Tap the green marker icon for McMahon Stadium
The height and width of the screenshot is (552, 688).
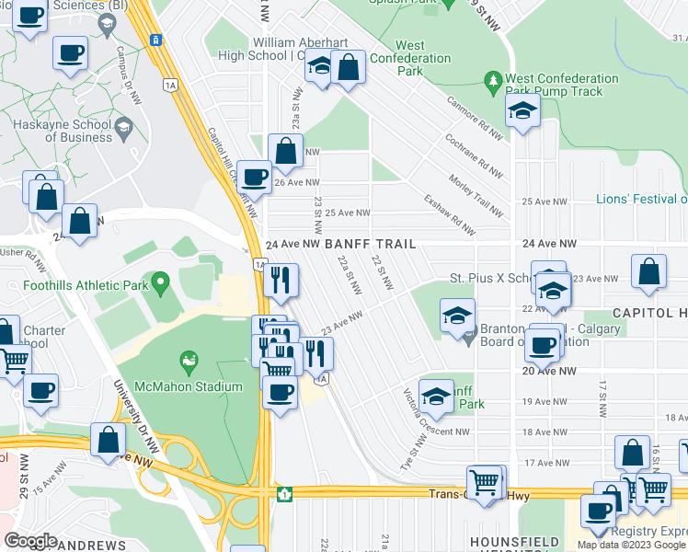189,360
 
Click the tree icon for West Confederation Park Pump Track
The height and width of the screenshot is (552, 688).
494,81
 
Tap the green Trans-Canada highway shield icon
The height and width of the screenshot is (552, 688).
285,495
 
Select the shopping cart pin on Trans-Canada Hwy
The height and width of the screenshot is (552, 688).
485,480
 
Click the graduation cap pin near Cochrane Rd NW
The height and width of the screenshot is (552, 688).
522,112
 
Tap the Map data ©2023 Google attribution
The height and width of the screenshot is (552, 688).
631,545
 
